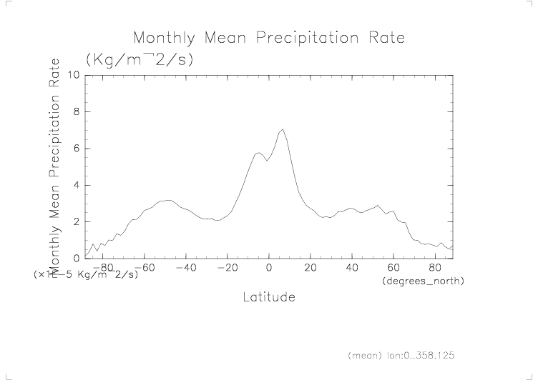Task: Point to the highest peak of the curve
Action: point(283,129)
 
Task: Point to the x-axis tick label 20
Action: point(310,268)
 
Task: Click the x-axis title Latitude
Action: point(269,296)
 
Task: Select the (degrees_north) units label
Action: point(424,281)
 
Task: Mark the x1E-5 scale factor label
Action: point(85,274)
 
